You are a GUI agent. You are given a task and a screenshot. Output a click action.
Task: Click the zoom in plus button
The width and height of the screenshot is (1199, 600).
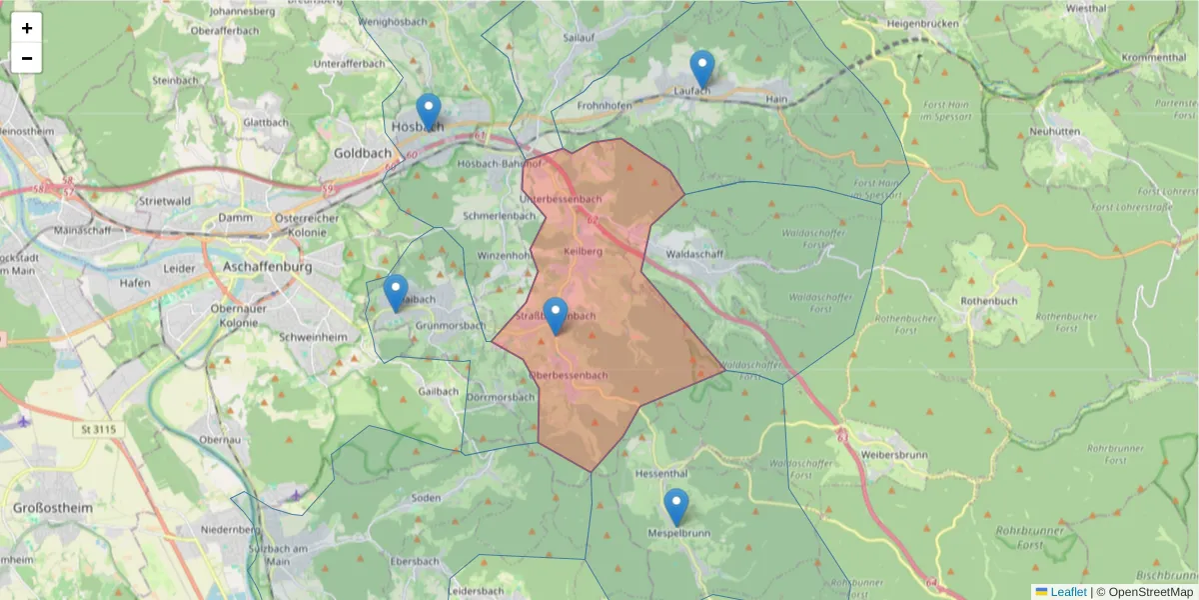(27, 28)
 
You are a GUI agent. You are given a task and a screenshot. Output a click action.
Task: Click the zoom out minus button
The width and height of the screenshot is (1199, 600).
(27, 58)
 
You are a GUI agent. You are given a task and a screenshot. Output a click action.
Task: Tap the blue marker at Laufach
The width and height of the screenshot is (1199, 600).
(702, 69)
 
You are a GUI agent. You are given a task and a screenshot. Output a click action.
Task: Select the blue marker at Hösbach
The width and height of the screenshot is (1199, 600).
(429, 112)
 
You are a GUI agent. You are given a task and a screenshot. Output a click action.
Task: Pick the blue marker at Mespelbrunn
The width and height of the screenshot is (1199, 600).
(676, 507)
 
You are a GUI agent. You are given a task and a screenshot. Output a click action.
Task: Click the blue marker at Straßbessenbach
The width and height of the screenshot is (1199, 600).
(555, 316)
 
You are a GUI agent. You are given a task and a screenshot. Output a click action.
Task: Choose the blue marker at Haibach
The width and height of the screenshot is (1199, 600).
(396, 293)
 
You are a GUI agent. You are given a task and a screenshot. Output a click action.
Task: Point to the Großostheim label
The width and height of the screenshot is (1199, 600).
(53, 508)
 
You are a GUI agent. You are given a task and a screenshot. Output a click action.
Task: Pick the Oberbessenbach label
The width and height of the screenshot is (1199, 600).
(568, 376)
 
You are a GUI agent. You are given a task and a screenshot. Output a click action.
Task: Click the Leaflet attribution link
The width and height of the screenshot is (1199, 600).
(1067, 592)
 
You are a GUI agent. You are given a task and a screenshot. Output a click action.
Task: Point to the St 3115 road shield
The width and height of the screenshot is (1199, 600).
(97, 430)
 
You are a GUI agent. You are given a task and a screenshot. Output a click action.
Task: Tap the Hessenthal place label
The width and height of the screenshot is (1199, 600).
(662, 473)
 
